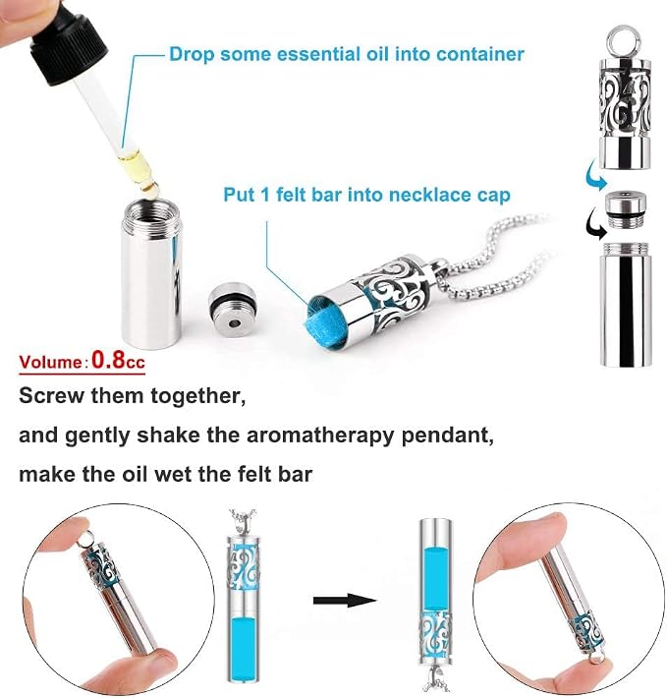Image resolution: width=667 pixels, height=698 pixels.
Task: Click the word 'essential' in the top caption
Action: point(317,54)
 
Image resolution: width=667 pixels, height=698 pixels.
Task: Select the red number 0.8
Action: point(108,359)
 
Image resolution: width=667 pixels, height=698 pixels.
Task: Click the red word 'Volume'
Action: point(51,361)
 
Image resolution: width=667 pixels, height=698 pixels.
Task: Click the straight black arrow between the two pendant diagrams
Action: point(345,601)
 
